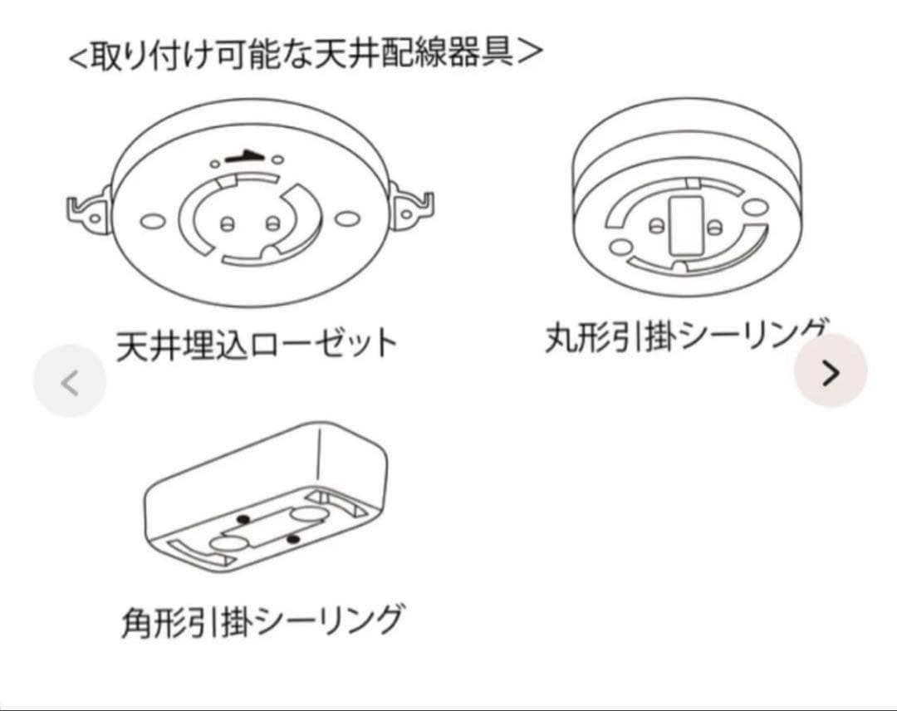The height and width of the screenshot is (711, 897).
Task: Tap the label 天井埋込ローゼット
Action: click(x=257, y=343)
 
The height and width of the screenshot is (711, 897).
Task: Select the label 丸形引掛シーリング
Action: click(x=686, y=336)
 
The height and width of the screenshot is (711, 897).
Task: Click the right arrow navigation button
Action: click(x=830, y=373)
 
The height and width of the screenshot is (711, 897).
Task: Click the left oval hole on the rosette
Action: click(x=153, y=221)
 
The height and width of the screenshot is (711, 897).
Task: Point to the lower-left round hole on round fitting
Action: click(x=617, y=247)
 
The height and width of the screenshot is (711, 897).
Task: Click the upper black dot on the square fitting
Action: click(x=243, y=519)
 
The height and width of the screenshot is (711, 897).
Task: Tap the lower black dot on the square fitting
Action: click(x=293, y=541)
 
